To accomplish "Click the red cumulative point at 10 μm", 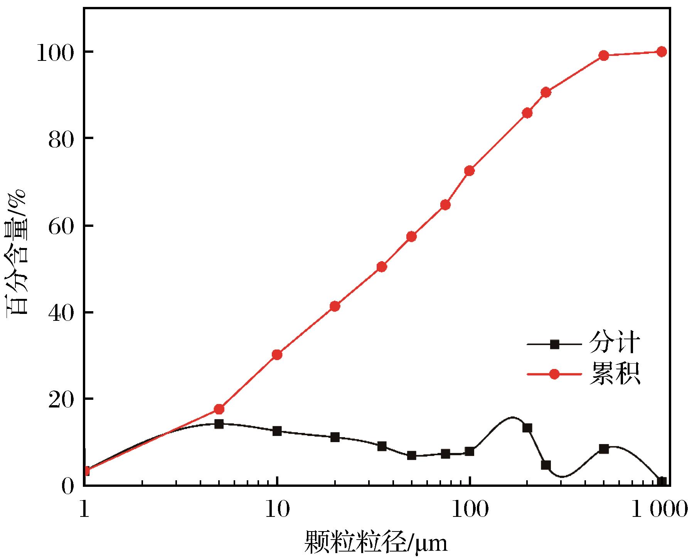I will [277, 355].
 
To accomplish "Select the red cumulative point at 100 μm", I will [469, 171].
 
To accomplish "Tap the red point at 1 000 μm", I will [662, 52].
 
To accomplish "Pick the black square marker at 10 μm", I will [277, 431].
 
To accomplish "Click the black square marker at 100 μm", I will [469, 451].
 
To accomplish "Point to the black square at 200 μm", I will [527, 428].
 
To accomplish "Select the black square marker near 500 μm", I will [604, 449].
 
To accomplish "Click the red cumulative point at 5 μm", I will [219, 409].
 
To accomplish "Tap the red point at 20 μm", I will [335, 307].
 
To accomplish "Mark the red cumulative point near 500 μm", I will [604, 55].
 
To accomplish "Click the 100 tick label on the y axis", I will [56, 52].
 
